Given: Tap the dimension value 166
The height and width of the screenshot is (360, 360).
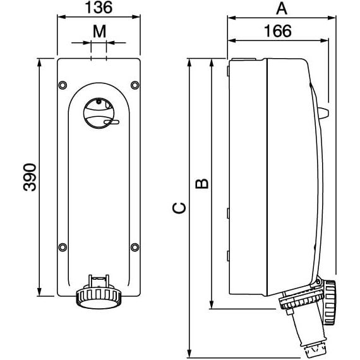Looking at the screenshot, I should [x=278, y=30].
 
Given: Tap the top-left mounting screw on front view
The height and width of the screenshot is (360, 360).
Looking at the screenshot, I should [x=62, y=85].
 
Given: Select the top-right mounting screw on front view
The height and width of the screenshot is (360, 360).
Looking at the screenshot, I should [x=134, y=85].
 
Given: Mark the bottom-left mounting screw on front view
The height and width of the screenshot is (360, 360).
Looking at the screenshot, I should [x=62, y=247].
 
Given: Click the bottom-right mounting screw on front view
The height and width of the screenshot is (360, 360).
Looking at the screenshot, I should [x=134, y=247].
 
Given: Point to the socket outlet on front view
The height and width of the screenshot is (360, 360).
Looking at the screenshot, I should [x=98, y=296].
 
